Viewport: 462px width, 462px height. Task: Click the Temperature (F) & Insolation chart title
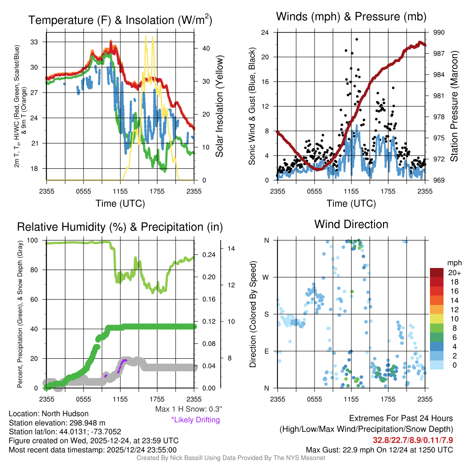click(120, 20)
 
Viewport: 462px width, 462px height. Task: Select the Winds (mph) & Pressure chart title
click(351, 17)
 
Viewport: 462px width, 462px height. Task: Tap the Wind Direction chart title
click(351, 224)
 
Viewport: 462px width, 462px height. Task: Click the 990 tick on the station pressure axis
click(439, 32)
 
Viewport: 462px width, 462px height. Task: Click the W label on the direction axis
click(267, 277)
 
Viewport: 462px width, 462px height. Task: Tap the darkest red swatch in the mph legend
click(437, 273)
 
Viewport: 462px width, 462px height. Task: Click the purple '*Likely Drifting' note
click(195, 420)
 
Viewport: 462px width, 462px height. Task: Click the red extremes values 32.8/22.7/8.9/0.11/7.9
click(412, 439)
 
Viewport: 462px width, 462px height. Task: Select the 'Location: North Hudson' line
click(49, 414)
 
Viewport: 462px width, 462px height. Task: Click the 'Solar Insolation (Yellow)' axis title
click(220, 106)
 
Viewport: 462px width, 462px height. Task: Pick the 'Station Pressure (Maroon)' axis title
click(454, 106)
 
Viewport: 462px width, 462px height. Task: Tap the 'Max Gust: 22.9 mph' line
click(379, 449)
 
